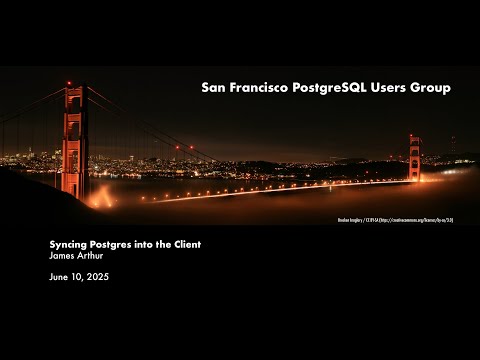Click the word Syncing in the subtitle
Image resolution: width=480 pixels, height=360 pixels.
click(x=70, y=244)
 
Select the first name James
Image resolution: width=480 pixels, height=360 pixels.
click(x=62, y=256)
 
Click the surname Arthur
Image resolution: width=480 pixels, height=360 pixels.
click(x=92, y=256)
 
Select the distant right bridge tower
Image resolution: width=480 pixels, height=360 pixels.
click(x=415, y=157)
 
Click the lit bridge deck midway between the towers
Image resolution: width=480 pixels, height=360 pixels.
click(x=250, y=189)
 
